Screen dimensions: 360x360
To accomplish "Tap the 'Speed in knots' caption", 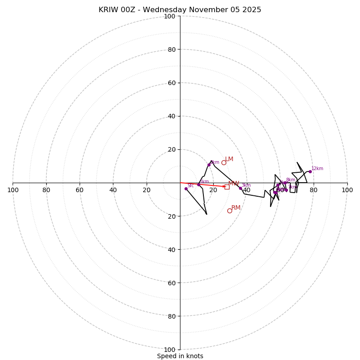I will [180, 356].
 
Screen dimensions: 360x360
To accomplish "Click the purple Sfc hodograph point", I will [186, 189].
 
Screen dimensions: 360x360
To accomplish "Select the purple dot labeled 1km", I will [198, 184].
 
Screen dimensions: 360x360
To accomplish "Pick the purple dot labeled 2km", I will [209, 165].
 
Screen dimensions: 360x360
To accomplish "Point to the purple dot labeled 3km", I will [240, 189].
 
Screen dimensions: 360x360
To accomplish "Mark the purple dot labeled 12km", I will [310, 171].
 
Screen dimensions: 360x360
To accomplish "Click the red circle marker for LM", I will [224, 162].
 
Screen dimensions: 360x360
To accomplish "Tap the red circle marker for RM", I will [229, 211].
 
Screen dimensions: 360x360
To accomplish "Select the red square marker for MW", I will [227, 187].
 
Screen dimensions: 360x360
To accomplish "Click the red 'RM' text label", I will [236, 207].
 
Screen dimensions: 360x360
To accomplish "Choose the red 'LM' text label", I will [229, 159].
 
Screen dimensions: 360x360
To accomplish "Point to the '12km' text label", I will [317, 169].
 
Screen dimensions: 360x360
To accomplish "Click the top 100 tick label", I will [170, 16].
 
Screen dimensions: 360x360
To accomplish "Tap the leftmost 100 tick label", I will [13, 190].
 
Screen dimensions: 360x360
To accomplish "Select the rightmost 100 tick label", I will [347, 190].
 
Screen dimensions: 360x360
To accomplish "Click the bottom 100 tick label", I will [170, 349].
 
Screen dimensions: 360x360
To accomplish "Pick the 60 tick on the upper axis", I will [171, 83].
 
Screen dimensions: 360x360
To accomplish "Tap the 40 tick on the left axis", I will [113, 190].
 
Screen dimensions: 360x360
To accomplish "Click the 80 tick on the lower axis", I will [171, 316].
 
